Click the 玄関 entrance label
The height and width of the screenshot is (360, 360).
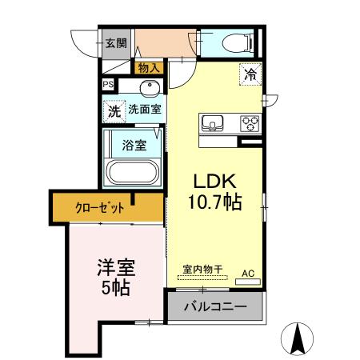tap(115, 43)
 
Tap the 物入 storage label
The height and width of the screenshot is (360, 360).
tap(148, 68)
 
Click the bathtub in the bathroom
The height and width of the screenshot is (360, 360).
tap(134, 173)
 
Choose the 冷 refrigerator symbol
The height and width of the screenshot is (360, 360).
tap(250, 75)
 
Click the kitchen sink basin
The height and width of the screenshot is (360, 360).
tap(214, 122)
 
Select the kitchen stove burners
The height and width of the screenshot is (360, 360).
tap(250, 122)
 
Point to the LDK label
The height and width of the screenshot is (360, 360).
tap(210, 180)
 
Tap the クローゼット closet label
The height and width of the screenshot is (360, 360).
tap(100, 207)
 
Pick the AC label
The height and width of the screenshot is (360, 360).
tap(248, 273)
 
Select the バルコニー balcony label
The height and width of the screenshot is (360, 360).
tap(214, 306)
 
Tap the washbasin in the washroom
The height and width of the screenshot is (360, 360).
tap(150, 90)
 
